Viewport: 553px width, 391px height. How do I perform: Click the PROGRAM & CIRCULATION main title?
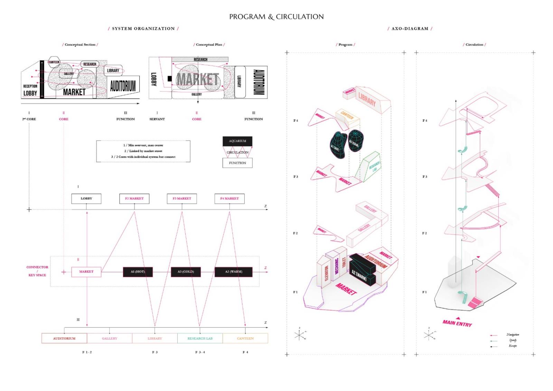click(x=276, y=17)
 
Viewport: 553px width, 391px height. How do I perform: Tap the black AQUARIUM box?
click(x=237, y=141)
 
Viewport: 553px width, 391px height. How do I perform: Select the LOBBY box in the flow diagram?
click(x=86, y=199)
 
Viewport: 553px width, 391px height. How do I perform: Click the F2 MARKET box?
click(x=134, y=199)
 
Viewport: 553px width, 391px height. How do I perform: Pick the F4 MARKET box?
click(x=229, y=199)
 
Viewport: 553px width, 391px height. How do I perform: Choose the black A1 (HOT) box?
click(x=138, y=272)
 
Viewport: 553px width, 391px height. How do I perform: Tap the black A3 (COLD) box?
click(x=186, y=272)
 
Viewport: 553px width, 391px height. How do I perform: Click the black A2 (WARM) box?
click(x=234, y=272)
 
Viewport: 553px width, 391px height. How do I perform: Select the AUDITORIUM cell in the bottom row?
click(x=64, y=338)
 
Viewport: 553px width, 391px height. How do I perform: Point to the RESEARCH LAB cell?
click(x=200, y=338)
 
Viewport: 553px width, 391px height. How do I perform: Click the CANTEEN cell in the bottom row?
click(x=245, y=338)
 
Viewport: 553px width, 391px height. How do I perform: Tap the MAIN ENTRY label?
click(x=457, y=323)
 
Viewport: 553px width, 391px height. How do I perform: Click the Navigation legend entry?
click(x=513, y=335)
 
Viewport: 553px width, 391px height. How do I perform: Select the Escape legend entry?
click(x=513, y=346)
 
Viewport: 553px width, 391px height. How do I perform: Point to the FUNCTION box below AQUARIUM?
click(x=237, y=163)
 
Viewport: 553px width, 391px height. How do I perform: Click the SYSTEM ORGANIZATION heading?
click(x=143, y=29)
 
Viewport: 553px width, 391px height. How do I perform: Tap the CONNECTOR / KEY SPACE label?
click(x=37, y=271)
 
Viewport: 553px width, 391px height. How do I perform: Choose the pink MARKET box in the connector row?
click(x=86, y=272)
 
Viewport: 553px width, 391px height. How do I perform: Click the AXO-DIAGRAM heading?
click(x=410, y=29)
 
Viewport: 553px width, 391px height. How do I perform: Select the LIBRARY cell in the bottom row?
click(x=154, y=338)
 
